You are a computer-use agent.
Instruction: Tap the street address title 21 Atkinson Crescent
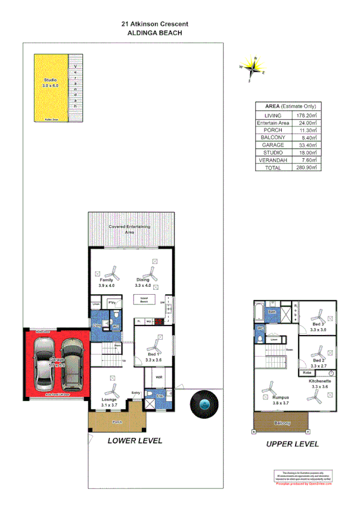[154, 24]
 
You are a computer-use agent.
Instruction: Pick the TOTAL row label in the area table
[272, 168]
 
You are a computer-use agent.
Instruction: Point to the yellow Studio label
[51, 83]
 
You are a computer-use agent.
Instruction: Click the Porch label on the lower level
[118, 422]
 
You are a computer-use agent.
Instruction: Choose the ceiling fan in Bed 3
[318, 316]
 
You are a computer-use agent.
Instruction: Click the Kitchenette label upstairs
[318, 381]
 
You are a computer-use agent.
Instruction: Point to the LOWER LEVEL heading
[134, 440]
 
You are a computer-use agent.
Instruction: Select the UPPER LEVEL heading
[293, 444]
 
